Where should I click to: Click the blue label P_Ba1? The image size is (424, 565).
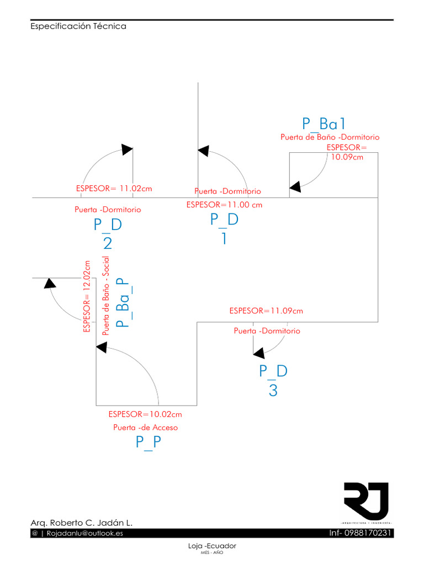pos(324,123)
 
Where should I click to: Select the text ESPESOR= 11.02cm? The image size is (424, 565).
pos(114,189)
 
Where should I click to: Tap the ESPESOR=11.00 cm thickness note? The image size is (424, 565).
pos(224,204)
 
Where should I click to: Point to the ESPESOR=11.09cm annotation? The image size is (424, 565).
pos(266,311)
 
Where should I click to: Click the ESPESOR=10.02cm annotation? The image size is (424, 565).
pos(145,414)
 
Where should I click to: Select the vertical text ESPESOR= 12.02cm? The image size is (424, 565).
pos(86,297)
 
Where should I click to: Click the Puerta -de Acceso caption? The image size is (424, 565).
pos(146,428)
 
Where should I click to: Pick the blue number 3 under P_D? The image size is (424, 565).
pos(273,391)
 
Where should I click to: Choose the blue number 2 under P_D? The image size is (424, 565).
pos(108,243)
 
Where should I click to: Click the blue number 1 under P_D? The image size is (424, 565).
pos(224,238)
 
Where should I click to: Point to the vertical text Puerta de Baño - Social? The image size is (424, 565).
pos(106,296)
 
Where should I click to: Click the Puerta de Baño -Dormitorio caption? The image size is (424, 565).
pos(330,137)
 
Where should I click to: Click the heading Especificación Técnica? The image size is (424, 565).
pos(78,26)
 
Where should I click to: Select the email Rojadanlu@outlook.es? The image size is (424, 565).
pos(84,534)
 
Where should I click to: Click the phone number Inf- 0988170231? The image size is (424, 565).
pos(361,533)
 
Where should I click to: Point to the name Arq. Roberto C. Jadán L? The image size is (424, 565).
pos(81,523)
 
